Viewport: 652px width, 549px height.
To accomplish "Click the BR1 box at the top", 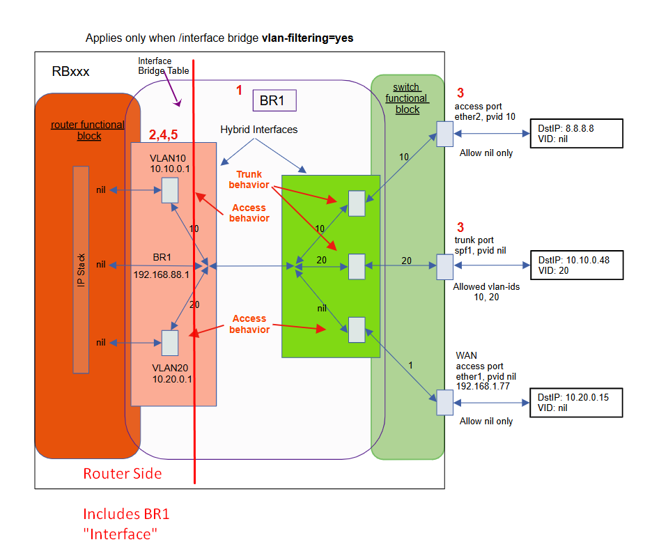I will click(x=274, y=100).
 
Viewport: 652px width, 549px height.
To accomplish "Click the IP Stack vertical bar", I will click(x=81, y=269).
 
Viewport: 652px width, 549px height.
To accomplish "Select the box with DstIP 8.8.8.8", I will click(x=576, y=134).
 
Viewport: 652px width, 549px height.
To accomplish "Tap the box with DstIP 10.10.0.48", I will click(x=576, y=265).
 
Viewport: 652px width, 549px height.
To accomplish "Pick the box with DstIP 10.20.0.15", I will click(x=576, y=403).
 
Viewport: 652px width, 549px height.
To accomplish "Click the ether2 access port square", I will click(x=444, y=134).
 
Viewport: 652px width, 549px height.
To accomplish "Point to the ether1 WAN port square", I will click(x=444, y=403).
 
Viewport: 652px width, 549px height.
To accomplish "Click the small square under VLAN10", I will click(x=169, y=190).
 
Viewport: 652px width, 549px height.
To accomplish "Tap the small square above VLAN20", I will click(x=169, y=342).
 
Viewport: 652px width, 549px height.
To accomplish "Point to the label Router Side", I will click(x=123, y=474).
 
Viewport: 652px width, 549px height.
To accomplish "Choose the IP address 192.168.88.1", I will click(x=162, y=274).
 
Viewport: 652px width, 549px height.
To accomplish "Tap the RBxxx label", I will click(x=70, y=72).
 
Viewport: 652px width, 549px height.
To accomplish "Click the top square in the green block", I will click(x=356, y=203).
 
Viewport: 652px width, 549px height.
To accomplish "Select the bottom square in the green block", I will click(x=356, y=330).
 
